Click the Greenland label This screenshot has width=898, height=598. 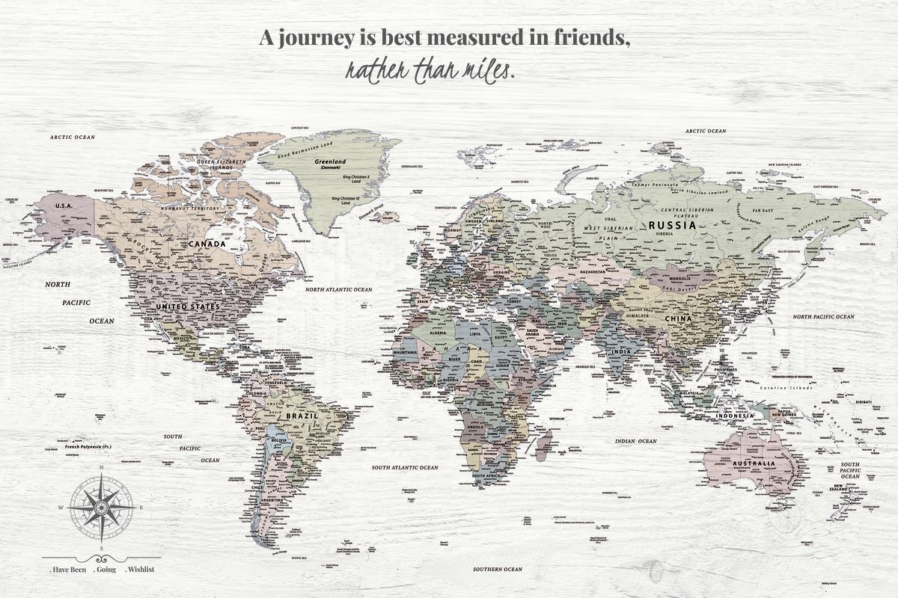tap(330, 161)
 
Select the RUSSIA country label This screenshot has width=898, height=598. tap(672, 224)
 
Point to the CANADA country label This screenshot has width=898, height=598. tap(207, 244)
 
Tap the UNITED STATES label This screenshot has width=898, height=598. tap(187, 306)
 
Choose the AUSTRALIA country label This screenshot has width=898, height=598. tap(754, 464)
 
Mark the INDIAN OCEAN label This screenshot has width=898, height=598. tap(635, 441)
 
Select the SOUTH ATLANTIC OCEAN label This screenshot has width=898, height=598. tap(405, 467)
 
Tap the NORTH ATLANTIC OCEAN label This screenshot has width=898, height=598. tap(338, 289)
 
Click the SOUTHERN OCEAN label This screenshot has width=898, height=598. tap(497, 570)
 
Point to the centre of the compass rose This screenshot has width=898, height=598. tap(101, 506)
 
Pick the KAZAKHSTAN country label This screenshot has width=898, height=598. tap(591, 272)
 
